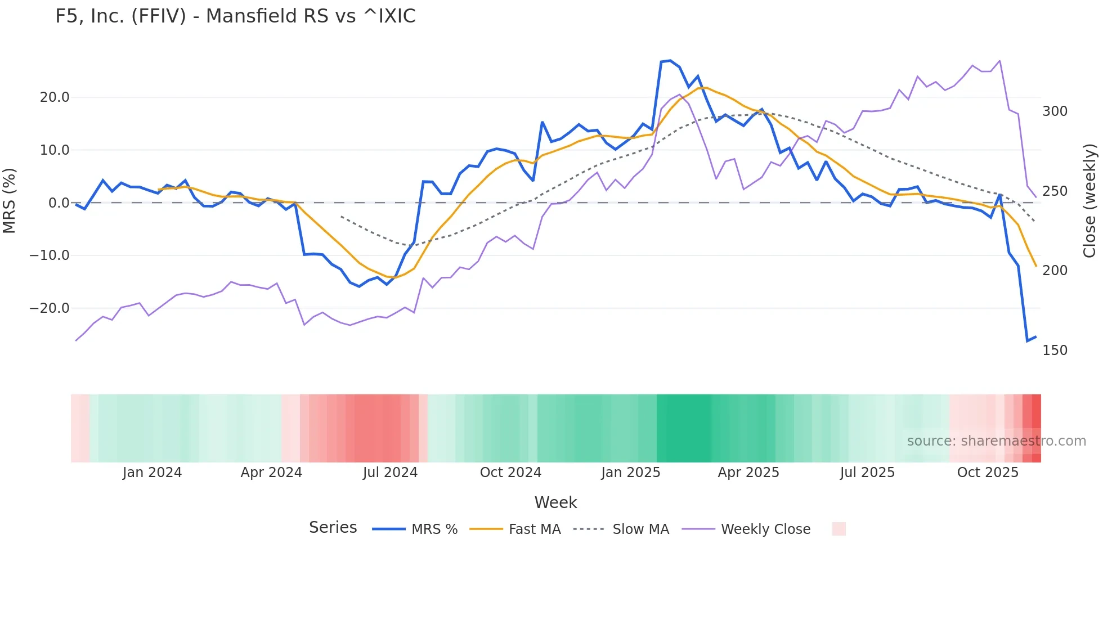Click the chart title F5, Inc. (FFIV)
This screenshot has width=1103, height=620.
point(235,16)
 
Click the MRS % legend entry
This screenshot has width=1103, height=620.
point(434,529)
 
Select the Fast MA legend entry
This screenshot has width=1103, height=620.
point(534,529)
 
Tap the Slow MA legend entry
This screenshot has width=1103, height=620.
point(640,529)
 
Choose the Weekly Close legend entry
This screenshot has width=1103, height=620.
point(765,529)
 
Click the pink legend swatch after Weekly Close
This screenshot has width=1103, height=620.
point(839,529)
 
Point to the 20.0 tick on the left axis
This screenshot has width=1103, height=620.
point(55,97)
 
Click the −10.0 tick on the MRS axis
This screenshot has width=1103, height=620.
point(50,255)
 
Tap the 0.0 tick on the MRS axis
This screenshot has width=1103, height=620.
point(59,203)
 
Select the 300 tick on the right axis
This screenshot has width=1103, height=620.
point(1055,111)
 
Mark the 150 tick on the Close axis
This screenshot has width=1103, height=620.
point(1055,351)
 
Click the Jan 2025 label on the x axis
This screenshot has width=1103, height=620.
point(630,473)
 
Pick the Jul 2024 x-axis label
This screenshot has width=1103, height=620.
point(390,473)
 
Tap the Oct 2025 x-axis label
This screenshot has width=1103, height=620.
point(988,473)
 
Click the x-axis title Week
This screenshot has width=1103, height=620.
point(555,502)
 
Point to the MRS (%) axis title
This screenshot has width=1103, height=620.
point(10,201)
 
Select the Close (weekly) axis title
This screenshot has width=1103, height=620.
point(1090,201)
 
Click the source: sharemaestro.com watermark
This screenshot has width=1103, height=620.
point(996,441)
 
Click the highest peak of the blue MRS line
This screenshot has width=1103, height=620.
point(670,60)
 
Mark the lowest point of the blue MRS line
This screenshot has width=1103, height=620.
point(1027,341)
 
